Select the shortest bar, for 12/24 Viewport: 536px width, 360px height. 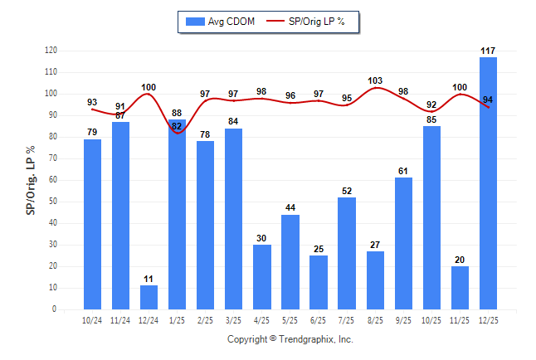click(x=149, y=297)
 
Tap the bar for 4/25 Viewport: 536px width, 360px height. click(x=262, y=276)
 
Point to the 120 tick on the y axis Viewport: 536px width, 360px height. click(x=51, y=51)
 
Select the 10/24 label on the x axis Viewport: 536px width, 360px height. click(x=92, y=319)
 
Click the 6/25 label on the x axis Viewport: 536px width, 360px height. click(x=319, y=319)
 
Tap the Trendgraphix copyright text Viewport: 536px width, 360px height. click(x=290, y=339)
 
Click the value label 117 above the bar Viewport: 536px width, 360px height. click(x=489, y=51)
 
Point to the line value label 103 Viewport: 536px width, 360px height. click(x=375, y=80)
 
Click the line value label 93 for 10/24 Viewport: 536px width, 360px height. click(x=92, y=103)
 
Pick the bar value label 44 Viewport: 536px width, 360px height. click(x=290, y=207)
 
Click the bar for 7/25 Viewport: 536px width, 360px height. click(x=347, y=253)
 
